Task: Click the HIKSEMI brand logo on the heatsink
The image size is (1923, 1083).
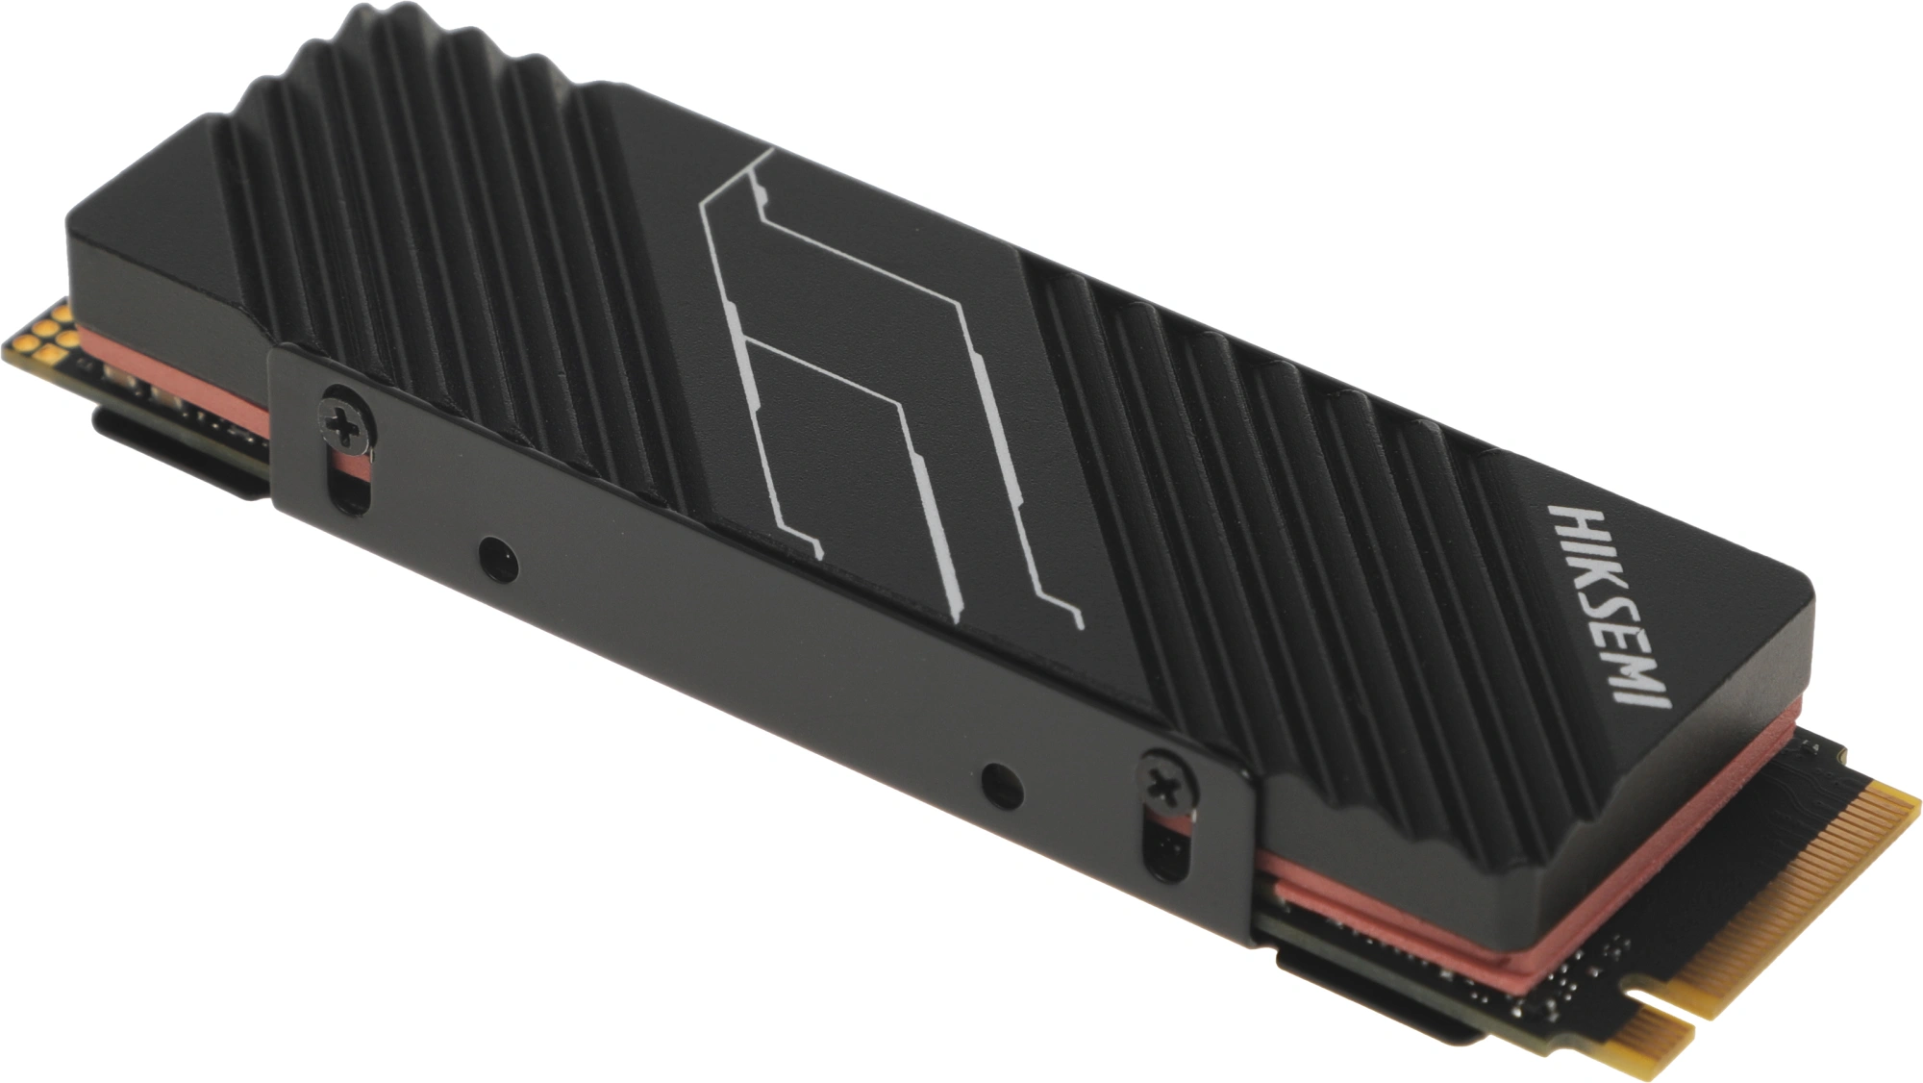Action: pos(1609,605)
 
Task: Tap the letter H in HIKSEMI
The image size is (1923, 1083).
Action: pos(1571,518)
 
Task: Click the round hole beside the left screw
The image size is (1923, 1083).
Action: pos(497,558)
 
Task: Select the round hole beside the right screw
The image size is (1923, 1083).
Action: pos(1002,786)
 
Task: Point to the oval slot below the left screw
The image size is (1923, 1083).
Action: pos(349,481)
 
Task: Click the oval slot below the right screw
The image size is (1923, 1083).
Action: pos(1165,846)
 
